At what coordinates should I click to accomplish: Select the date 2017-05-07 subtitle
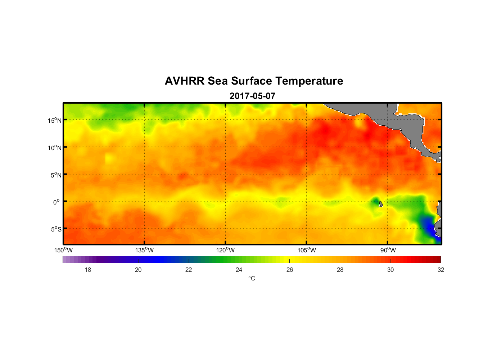coord(252,96)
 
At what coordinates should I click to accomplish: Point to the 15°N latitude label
coord(55,120)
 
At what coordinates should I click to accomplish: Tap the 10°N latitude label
coord(55,148)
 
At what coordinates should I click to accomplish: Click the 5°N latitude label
coord(56,175)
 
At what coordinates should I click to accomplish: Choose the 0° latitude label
coord(57,202)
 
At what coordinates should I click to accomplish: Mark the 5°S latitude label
coord(56,229)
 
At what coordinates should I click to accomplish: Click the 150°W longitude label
coord(63,250)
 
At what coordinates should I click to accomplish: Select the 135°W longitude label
coord(144,250)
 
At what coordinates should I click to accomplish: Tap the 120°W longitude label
coord(225,250)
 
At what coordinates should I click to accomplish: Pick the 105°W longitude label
coord(307,250)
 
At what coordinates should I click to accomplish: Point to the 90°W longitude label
coord(388,250)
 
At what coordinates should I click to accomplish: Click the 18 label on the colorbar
coord(88,270)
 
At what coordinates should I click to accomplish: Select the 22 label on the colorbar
coord(189,270)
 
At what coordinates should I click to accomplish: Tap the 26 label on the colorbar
coord(290,270)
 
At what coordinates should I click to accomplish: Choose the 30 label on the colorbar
coord(390,270)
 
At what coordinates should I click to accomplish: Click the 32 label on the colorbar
coord(441,270)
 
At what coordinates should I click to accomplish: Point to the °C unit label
coord(252,278)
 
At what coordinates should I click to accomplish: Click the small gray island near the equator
coord(381,204)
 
